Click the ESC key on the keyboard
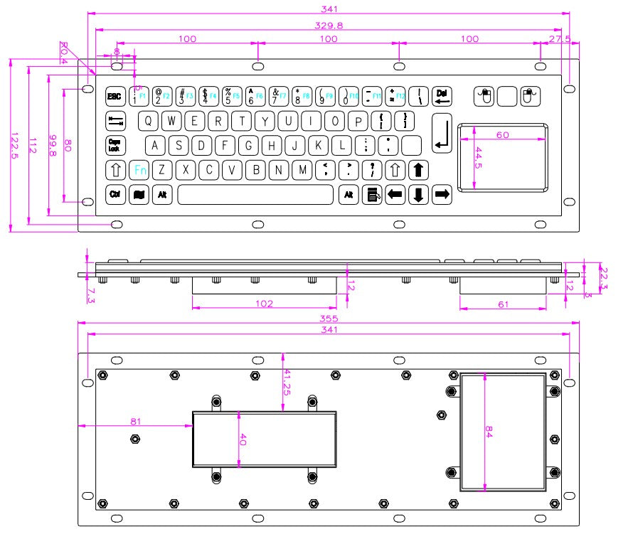[x=115, y=96]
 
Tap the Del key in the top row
[x=442, y=96]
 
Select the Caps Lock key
[x=115, y=145]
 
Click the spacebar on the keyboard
[x=255, y=194]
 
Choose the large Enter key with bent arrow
[x=442, y=133]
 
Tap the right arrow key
[x=442, y=194]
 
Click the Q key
[x=148, y=121]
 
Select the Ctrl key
[x=115, y=194]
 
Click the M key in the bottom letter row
[x=303, y=170]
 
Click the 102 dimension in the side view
[x=264, y=303]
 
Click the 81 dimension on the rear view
[x=134, y=421]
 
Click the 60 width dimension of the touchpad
[x=502, y=135]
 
